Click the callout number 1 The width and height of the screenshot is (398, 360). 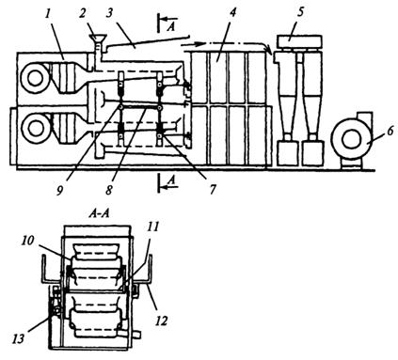pos(48,15)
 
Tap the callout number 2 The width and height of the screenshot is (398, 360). pos(83,15)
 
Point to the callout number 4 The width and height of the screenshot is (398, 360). pos(232,13)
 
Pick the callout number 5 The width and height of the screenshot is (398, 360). pos(300,12)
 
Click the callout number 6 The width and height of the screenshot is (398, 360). pos(390,131)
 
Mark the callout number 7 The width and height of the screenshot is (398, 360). pos(213,189)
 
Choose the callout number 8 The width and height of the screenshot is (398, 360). pos(109,190)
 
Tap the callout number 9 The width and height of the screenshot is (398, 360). pos(60,190)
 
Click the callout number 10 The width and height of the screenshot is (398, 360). pos(27,241)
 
